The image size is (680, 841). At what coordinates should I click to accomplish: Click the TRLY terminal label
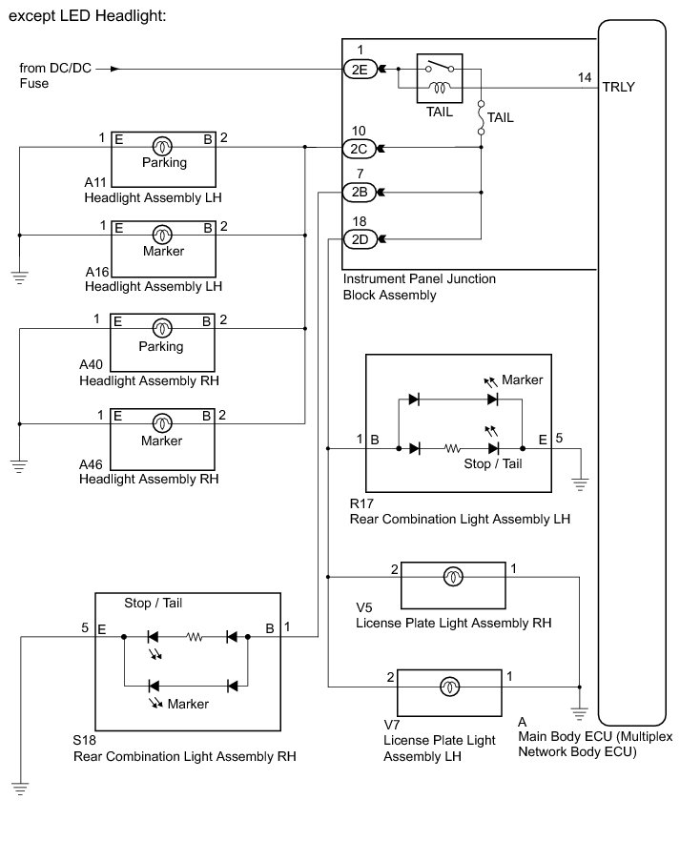click(x=618, y=87)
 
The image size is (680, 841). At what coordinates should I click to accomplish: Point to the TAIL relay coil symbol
click(x=441, y=88)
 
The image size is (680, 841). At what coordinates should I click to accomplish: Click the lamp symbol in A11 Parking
click(x=163, y=146)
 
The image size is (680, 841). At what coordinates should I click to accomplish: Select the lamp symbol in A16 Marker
click(x=163, y=235)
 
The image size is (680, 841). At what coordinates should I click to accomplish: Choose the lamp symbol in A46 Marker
click(x=163, y=416)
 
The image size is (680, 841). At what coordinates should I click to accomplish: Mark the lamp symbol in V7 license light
click(x=448, y=686)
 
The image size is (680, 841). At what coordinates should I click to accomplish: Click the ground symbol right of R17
click(x=579, y=483)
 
